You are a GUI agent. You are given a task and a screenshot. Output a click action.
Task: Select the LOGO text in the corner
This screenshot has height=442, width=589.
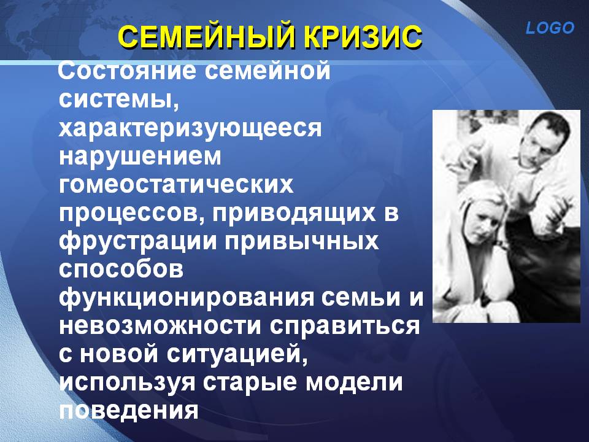tap(550, 28)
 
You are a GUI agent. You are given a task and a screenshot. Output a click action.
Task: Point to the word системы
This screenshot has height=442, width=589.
tap(118, 99)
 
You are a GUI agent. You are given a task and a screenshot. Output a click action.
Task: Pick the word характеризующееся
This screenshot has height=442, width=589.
tap(190, 128)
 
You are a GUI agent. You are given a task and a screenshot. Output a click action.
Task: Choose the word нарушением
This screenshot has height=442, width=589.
tap(140, 157)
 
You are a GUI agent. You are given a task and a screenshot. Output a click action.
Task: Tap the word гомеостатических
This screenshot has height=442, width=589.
tap(176, 184)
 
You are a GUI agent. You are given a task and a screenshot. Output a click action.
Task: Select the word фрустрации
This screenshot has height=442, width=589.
tap(138, 241)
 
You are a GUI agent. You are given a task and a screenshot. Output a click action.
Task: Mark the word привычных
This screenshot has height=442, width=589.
tap(302, 241)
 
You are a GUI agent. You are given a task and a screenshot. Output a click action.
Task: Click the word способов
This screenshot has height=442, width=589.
tap(121, 269)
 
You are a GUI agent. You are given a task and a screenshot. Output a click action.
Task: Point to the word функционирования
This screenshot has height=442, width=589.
tap(187, 298)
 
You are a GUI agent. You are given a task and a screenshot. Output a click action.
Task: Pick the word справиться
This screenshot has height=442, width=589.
tap(345, 326)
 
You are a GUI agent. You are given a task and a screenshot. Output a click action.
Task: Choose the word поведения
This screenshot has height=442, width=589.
tap(128, 411)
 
